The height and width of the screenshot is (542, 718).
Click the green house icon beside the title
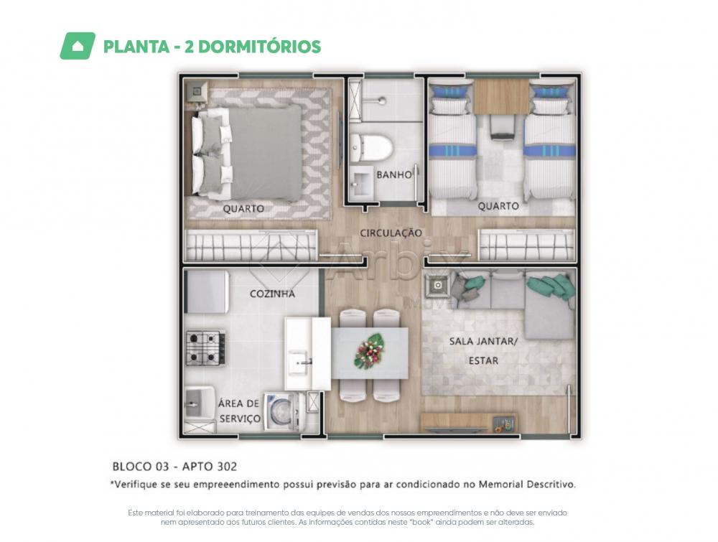[x=78, y=46]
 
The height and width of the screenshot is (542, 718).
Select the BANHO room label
[x=393, y=174]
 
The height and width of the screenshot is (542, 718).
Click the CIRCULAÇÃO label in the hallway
[x=391, y=233]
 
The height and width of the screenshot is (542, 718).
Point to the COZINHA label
[x=272, y=294]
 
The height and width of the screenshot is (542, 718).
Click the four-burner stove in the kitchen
[x=205, y=348]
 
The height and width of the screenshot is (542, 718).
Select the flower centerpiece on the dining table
[x=370, y=351]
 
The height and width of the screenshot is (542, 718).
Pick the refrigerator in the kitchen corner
[x=206, y=291]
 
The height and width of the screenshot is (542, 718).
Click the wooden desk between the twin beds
[x=502, y=96]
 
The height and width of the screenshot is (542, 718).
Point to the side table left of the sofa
[x=438, y=286]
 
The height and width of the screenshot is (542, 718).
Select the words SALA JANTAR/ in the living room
[x=483, y=341]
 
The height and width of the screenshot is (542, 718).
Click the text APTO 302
[x=210, y=467]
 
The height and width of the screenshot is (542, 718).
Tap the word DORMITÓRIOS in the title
[x=260, y=47]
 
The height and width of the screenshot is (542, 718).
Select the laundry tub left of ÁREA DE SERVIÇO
[x=200, y=404]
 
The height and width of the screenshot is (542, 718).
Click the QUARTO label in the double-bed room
[x=243, y=209]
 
